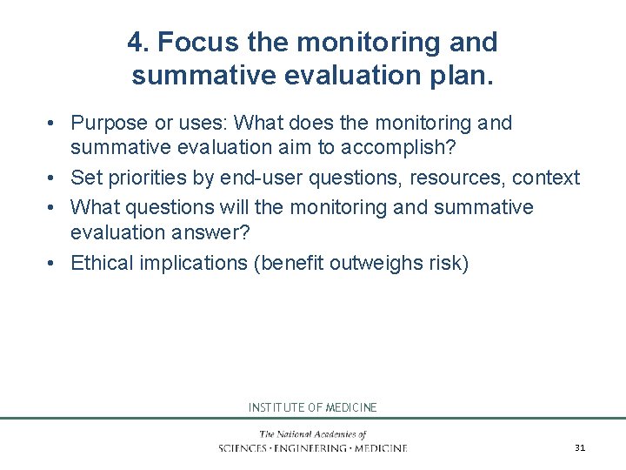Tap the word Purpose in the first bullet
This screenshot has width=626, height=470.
pyautogui.click(x=109, y=123)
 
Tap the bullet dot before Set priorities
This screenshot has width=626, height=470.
pyautogui.click(x=53, y=178)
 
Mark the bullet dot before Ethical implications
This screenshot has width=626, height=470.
pyautogui.click(x=53, y=263)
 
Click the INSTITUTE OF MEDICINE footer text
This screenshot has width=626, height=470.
pyautogui.click(x=313, y=407)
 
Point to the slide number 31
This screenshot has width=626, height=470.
pyautogui.click(x=580, y=447)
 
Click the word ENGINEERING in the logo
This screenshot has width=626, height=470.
pyautogui.click(x=312, y=448)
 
